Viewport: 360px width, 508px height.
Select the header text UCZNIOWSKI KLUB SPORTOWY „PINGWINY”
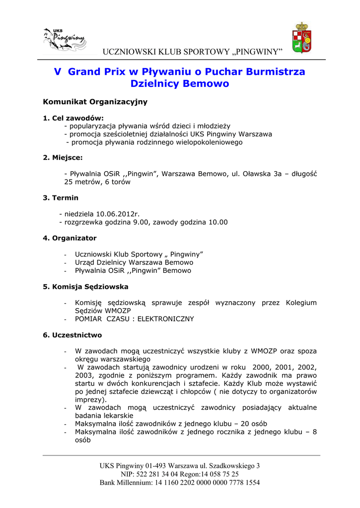[192, 53]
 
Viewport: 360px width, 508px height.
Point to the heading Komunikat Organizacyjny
[95, 102]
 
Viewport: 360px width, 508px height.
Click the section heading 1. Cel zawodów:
[73, 118]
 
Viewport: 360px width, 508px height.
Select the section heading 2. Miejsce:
[63, 158]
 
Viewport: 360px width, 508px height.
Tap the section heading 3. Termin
[61, 197]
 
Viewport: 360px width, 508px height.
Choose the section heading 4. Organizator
[70, 238]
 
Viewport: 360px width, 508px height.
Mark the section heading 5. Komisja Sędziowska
[86, 287]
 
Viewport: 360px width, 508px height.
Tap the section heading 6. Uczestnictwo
[72, 335]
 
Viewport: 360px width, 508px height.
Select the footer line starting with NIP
[180, 474]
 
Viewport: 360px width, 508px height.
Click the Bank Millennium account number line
[180, 482]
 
